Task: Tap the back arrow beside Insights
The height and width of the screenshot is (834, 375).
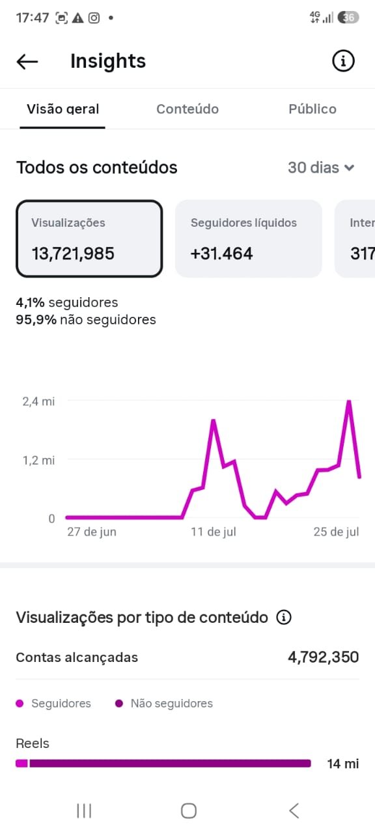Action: click(27, 61)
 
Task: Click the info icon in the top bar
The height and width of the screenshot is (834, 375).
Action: click(343, 61)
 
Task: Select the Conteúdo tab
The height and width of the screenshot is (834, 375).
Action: click(187, 109)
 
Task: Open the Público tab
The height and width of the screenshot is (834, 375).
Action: click(312, 109)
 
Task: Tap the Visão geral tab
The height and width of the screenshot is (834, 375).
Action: click(62, 109)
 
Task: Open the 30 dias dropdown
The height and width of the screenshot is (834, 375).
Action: click(321, 167)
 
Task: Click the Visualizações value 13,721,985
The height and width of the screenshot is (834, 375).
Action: click(73, 253)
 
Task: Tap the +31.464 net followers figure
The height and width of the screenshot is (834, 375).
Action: click(222, 253)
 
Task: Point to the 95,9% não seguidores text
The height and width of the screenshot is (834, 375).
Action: click(86, 320)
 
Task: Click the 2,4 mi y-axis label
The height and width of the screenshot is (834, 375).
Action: click(38, 401)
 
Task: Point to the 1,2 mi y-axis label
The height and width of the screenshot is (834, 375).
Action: click(38, 461)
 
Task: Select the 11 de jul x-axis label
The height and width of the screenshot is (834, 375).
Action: click(214, 532)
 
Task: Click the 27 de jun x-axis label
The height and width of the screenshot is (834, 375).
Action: click(92, 532)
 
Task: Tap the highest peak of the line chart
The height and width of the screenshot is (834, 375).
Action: click(349, 401)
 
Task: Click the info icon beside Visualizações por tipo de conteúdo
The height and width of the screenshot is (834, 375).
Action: click(283, 617)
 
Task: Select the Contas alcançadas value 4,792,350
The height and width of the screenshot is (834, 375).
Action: click(324, 657)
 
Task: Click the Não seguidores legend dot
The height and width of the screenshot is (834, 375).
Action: click(119, 703)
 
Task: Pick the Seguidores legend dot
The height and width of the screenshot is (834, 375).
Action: click(20, 703)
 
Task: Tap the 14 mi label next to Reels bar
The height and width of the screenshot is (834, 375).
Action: click(343, 764)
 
